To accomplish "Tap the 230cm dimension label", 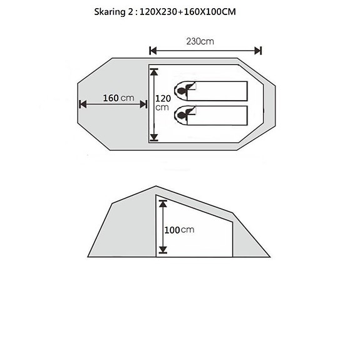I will (x=200, y=41).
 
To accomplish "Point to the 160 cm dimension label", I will (x=119, y=98).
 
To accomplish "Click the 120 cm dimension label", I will (x=162, y=103).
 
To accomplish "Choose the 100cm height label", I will (x=179, y=230).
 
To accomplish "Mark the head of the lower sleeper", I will (x=182, y=113).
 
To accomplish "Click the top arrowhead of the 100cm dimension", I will (x=163, y=203).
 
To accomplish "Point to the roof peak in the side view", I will (x=155, y=186).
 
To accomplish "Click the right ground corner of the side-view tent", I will (x=269, y=257).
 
